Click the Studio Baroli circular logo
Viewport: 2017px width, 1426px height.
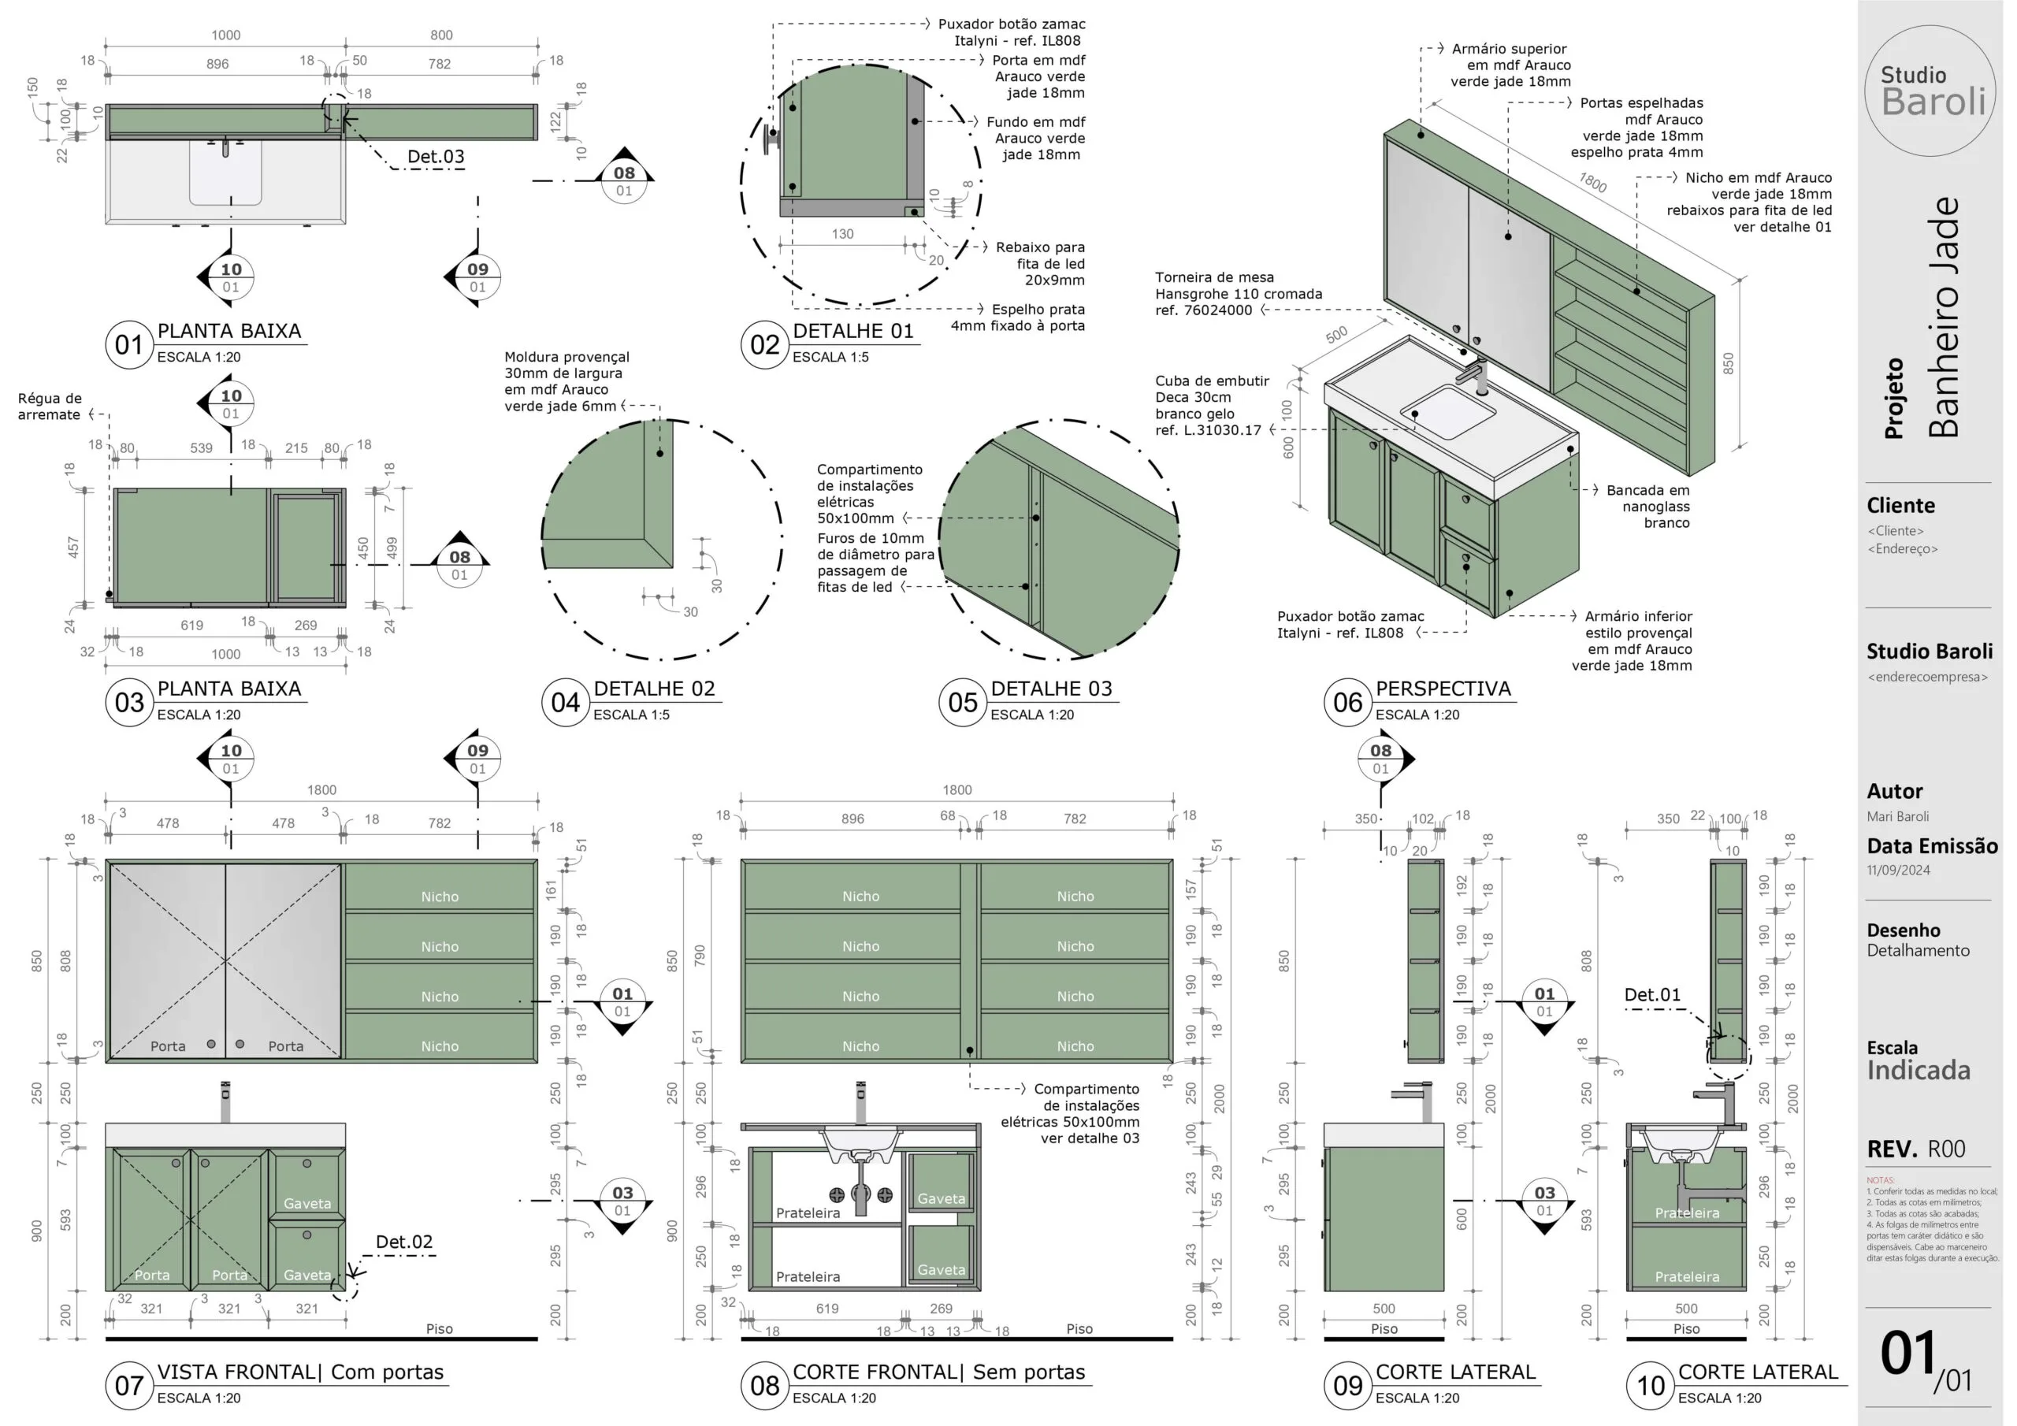[1931, 91]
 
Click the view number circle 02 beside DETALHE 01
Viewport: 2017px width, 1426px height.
[764, 344]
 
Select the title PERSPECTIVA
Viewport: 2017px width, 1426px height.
[1443, 689]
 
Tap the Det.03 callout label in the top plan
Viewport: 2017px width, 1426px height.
[436, 157]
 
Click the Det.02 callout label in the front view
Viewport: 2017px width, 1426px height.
[404, 1242]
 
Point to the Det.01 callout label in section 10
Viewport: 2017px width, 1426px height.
[1651, 994]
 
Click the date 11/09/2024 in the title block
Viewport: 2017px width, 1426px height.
[1898, 870]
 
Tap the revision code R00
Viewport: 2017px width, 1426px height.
[1946, 1149]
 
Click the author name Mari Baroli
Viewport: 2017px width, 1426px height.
[1897, 816]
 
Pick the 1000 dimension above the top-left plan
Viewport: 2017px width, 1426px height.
[226, 35]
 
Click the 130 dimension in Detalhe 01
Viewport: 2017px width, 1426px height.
[842, 234]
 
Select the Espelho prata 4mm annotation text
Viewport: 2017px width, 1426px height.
[1017, 318]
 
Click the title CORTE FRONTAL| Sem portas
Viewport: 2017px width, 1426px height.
[938, 1372]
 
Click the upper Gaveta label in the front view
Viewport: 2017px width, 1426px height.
[306, 1204]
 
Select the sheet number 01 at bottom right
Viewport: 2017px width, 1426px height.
[1908, 1354]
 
